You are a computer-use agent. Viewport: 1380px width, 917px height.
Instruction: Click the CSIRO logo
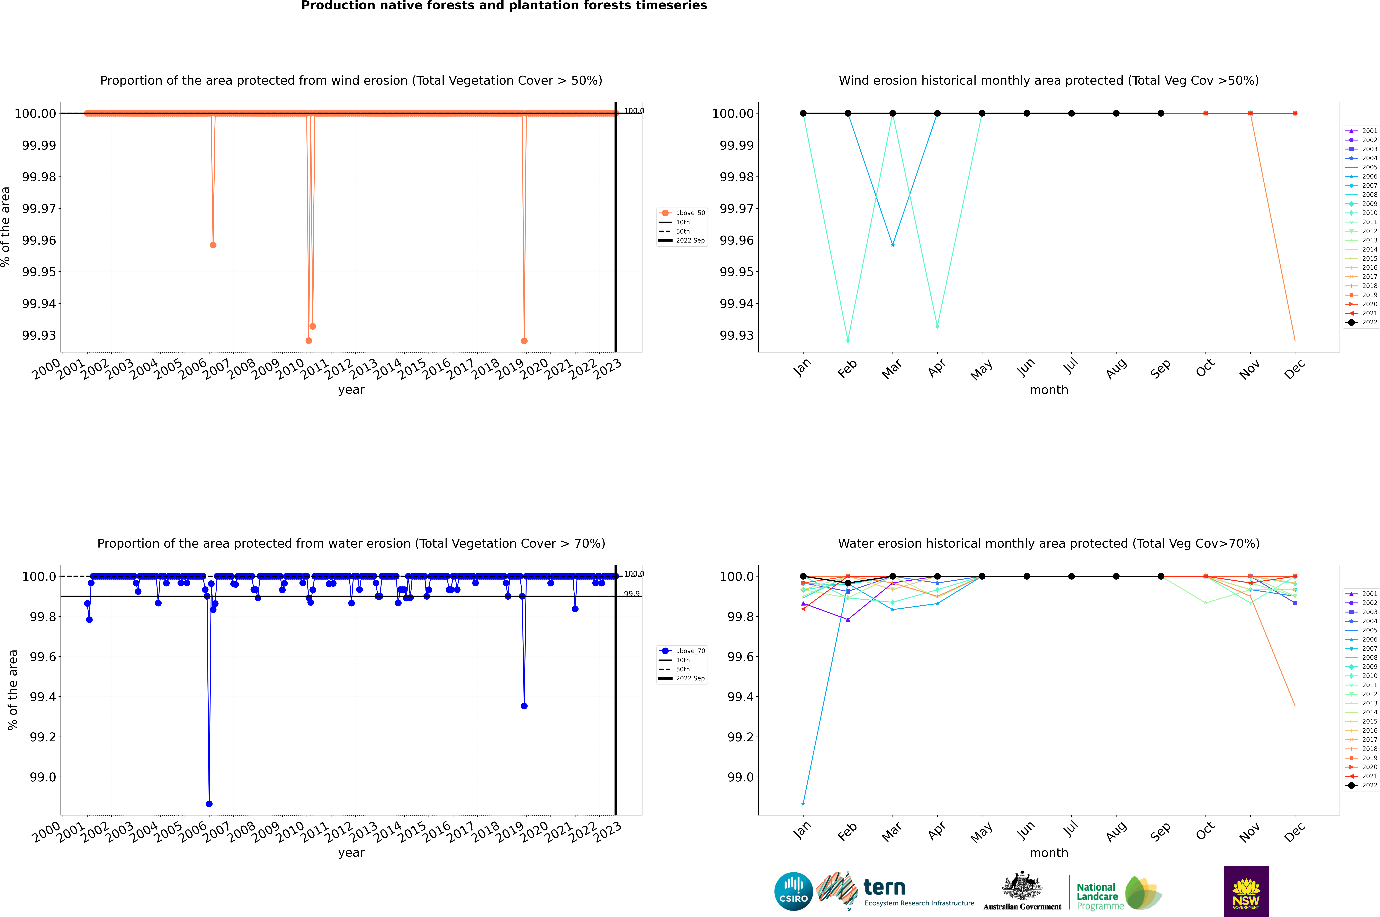point(793,891)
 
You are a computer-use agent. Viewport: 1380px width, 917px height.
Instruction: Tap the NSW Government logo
point(1245,891)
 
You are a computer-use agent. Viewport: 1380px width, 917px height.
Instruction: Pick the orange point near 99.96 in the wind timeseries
point(213,245)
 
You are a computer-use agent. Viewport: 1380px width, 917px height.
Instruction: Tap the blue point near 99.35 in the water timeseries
point(524,706)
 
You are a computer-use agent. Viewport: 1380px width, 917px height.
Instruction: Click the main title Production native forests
point(504,6)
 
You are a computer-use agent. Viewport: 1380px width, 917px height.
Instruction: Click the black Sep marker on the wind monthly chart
point(1161,114)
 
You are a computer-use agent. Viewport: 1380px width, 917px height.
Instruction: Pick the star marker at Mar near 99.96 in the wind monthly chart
point(892,244)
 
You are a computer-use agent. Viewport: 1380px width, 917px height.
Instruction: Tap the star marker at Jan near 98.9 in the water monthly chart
point(803,803)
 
